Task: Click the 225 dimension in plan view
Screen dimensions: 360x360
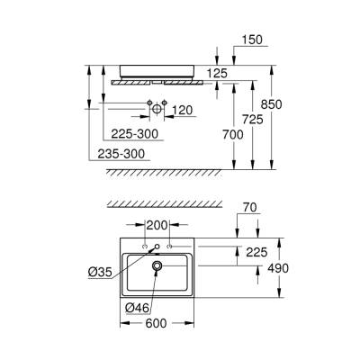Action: (x=256, y=252)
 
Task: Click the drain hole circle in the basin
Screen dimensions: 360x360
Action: (x=157, y=266)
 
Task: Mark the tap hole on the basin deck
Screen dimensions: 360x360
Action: (x=157, y=247)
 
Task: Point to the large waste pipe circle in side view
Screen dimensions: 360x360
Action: (x=157, y=109)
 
